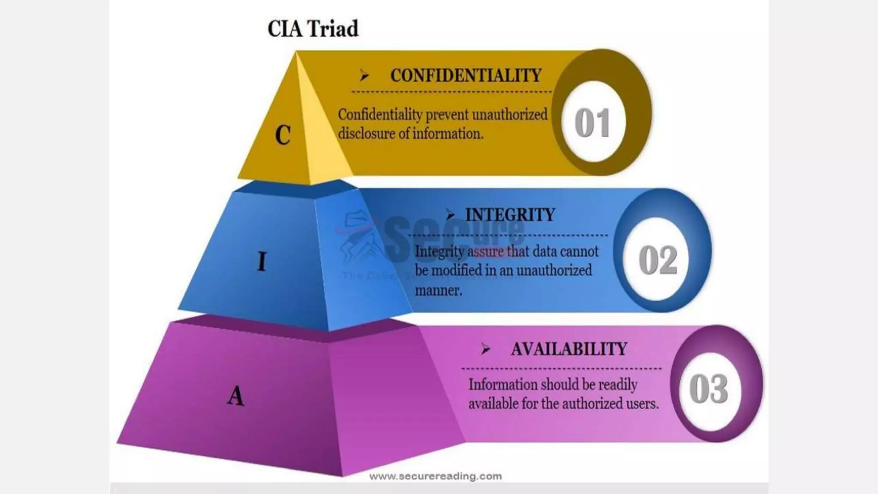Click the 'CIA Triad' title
click(313, 29)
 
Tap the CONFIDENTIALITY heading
click(466, 76)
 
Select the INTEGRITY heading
click(510, 214)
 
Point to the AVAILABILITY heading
click(569, 349)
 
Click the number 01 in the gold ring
click(592, 123)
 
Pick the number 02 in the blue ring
click(658, 260)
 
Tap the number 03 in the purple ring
click(708, 389)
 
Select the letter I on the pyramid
click(262, 261)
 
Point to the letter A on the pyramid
click(236, 395)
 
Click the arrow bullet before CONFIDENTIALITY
click(364, 76)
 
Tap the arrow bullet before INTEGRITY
click(450, 214)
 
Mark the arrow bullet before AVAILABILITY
click(485, 349)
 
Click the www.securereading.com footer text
click(435, 476)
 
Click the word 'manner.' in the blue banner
click(438, 290)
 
